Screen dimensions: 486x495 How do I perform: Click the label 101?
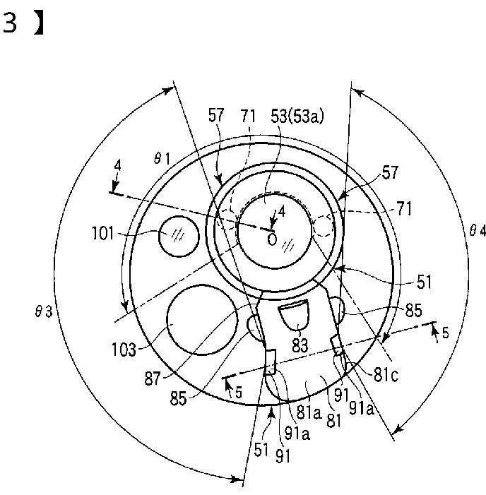102,234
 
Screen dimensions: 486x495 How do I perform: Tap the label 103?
124,350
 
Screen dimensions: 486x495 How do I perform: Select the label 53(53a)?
297,117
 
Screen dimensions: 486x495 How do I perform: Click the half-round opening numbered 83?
293,315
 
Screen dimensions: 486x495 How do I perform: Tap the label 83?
300,345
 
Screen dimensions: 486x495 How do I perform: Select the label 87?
153,378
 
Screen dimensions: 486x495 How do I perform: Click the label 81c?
386,375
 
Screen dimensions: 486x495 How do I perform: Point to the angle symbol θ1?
162,159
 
